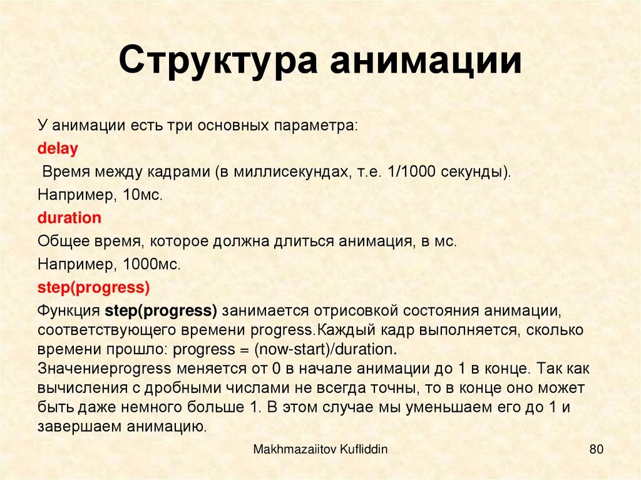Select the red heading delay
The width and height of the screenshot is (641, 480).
[58, 149]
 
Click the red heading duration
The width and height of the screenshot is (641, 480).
[69, 218]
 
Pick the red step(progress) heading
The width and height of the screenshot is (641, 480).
[93, 288]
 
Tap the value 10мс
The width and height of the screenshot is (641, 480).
[143, 195]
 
